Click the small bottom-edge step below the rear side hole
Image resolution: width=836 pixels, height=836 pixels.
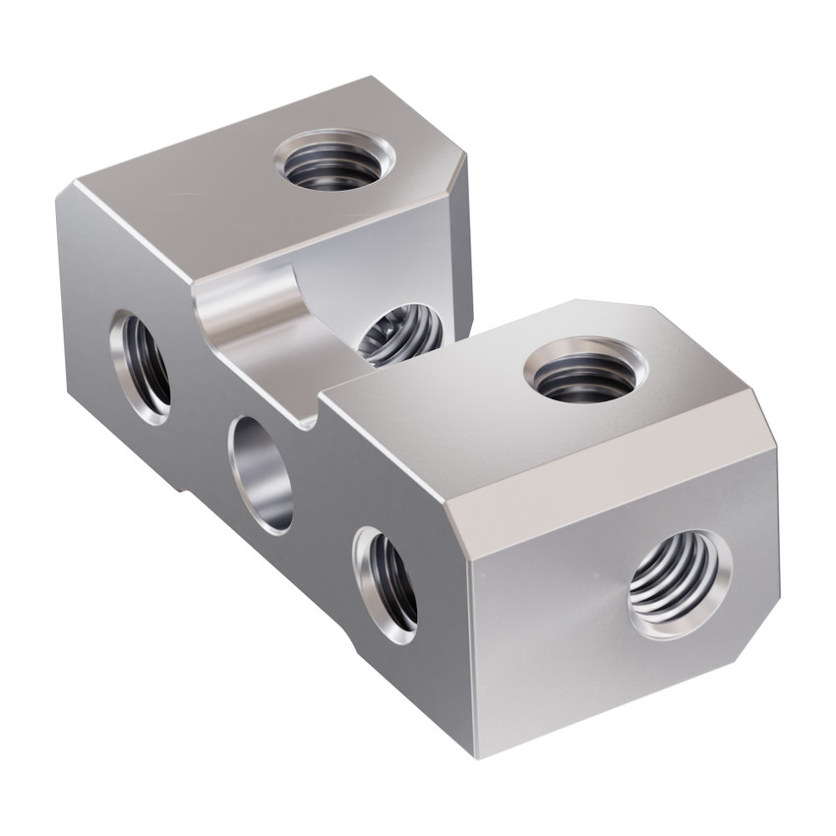click(185, 486)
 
